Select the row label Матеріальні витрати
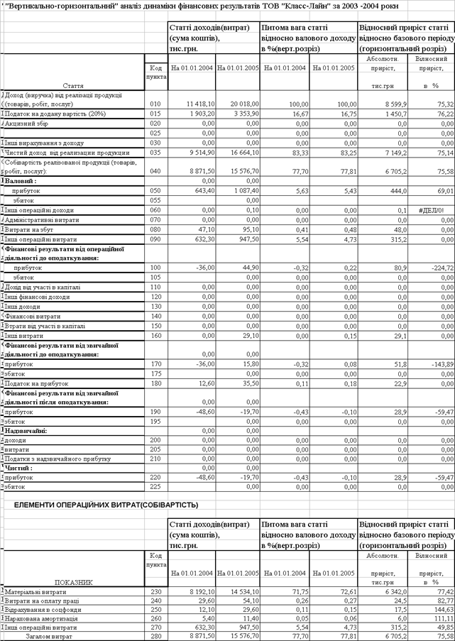coord(35,591)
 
